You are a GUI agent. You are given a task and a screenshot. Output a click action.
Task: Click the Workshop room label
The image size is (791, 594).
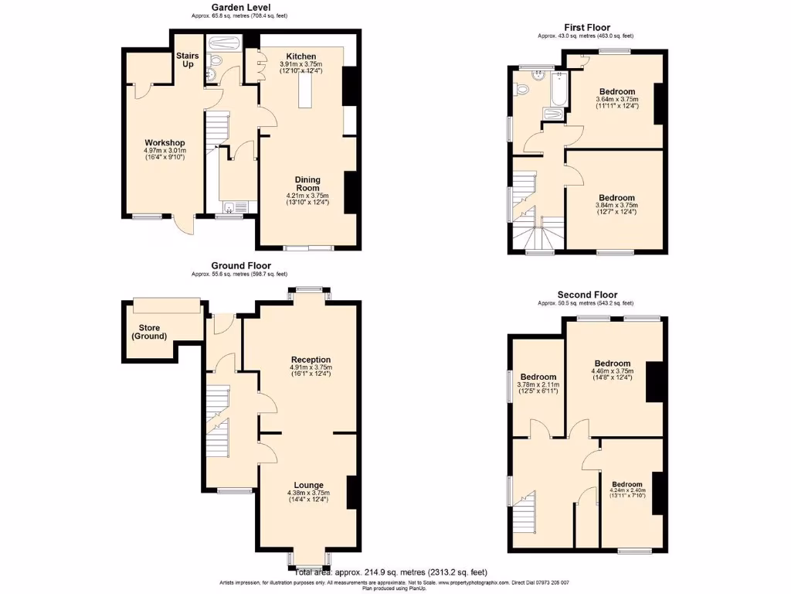coord(165,142)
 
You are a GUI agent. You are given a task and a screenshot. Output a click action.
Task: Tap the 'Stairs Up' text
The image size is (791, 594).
coord(188,60)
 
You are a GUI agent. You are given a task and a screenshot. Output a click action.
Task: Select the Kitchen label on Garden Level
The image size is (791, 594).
coord(300,56)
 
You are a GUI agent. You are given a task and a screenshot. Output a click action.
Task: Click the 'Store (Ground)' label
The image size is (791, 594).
coord(149,332)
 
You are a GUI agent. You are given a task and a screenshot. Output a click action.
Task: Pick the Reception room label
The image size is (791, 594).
coord(311,360)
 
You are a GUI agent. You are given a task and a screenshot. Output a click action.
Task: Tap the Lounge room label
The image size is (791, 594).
coord(308,485)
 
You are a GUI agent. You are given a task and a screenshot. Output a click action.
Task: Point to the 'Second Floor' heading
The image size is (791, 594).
coord(588,295)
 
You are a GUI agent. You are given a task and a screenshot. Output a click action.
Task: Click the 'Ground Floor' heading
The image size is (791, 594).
coord(239,265)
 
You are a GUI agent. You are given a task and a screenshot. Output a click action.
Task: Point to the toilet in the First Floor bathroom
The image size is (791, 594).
coord(525,89)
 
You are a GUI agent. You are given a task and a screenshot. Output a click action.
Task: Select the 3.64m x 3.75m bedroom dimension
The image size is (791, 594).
coord(616,102)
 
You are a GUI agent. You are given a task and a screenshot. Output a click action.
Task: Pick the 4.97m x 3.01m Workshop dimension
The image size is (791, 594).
coord(165,153)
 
